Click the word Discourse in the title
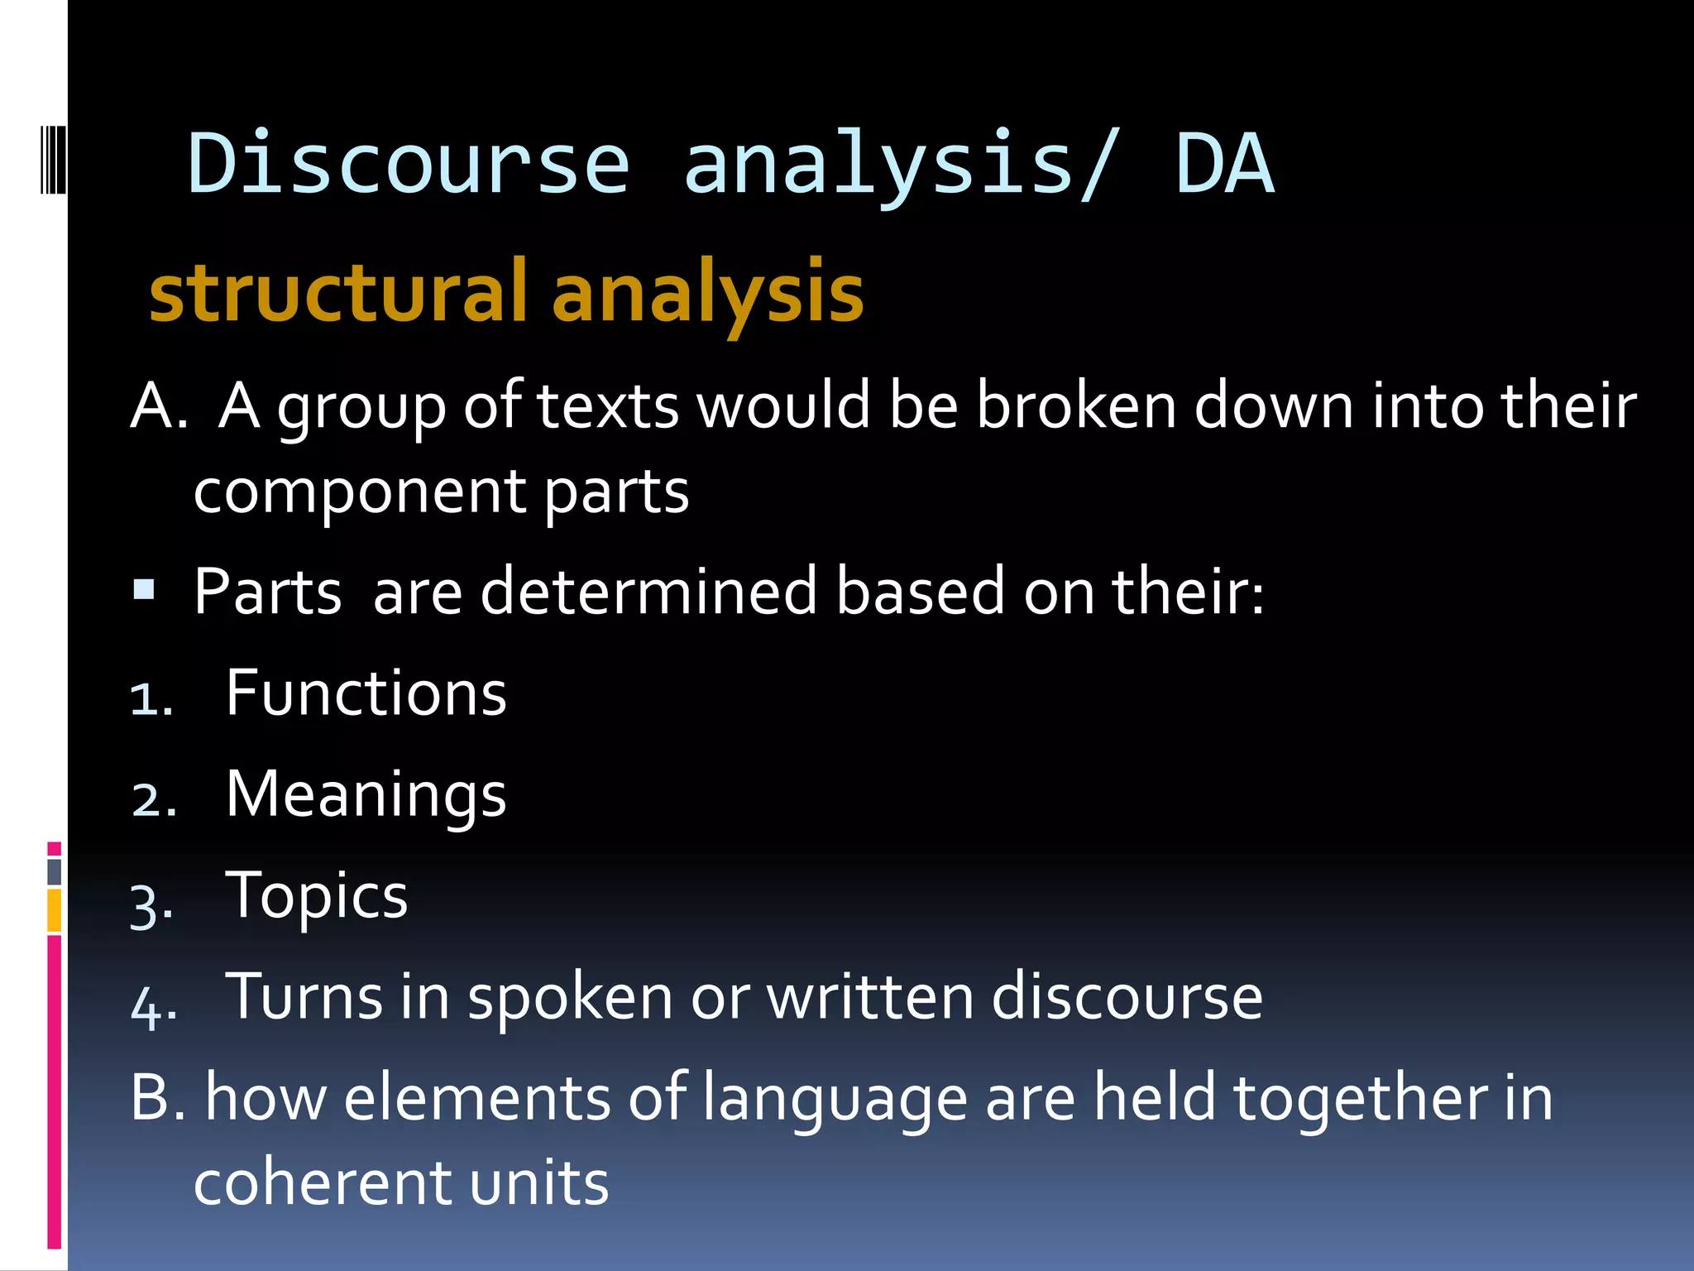(409, 164)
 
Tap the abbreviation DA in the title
(1224, 164)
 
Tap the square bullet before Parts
(144, 589)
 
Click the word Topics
(317, 895)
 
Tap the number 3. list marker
(151, 905)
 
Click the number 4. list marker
(153, 1007)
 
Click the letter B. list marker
(159, 1097)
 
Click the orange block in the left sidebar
(55, 910)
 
